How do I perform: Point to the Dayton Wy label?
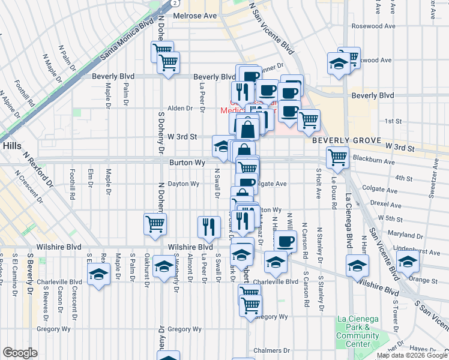(183, 184)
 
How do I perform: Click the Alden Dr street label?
(179, 109)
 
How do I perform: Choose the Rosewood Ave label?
(374, 26)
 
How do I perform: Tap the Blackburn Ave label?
(372, 161)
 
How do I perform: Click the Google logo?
(20, 353)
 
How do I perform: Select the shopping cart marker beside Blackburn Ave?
(337, 158)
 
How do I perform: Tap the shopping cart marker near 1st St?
(309, 120)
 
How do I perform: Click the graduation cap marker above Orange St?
(408, 263)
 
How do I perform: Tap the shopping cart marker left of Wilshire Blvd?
(155, 224)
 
